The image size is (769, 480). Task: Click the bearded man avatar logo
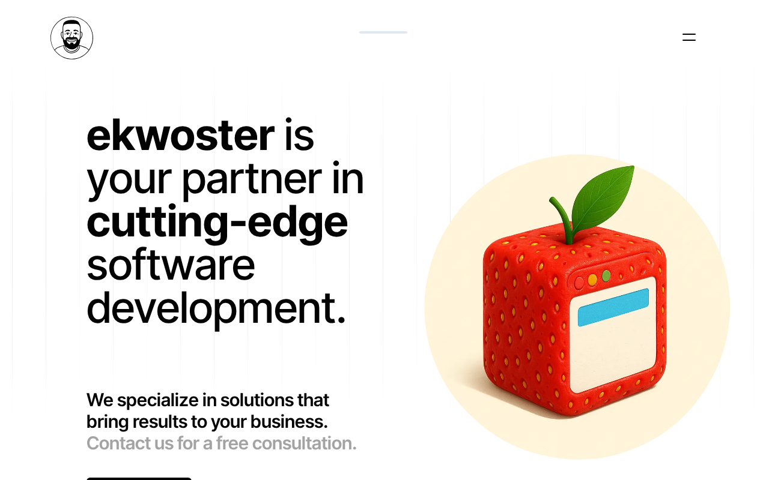(71, 38)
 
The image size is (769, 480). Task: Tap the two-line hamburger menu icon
(689, 37)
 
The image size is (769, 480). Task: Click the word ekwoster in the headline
(181, 136)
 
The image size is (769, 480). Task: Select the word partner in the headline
(252, 181)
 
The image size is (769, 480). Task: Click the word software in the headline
(171, 265)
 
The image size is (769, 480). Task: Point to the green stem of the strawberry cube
(562, 220)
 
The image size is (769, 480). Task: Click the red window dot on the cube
(579, 283)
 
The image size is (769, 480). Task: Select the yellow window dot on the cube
(592, 280)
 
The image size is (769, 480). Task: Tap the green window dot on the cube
(606, 275)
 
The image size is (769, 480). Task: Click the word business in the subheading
(289, 422)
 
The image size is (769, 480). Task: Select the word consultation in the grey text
(304, 443)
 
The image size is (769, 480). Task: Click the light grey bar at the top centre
(383, 32)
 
